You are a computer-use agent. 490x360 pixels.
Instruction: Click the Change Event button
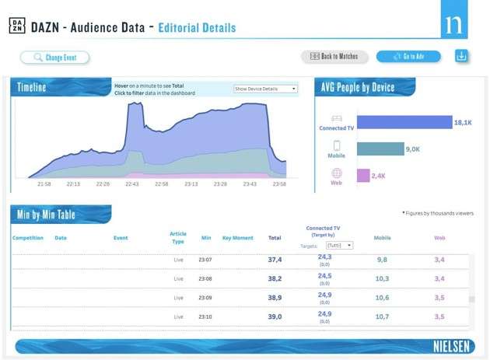pyautogui.click(x=55, y=57)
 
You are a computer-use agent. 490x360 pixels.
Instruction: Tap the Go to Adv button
pyautogui.click(x=408, y=57)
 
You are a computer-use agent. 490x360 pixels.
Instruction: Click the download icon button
pyautogui.click(x=461, y=57)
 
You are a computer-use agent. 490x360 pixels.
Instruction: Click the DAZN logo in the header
pyautogui.click(x=17, y=27)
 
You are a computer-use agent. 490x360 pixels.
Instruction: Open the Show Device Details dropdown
pyautogui.click(x=265, y=89)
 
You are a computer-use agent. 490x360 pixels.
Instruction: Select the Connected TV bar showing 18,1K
pyautogui.click(x=404, y=123)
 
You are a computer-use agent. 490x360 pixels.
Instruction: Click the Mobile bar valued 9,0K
pyautogui.click(x=380, y=149)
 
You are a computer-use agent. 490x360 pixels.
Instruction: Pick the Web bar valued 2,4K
pyautogui.click(x=363, y=175)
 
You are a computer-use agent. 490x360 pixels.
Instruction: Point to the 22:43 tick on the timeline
pyautogui.click(x=132, y=184)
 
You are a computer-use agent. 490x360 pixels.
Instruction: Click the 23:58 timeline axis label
pyautogui.click(x=278, y=184)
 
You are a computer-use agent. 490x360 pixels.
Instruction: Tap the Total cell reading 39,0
pyautogui.click(x=275, y=317)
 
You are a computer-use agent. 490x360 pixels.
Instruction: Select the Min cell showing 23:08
pyautogui.click(x=206, y=278)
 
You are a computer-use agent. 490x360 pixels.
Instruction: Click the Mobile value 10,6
pyautogui.click(x=382, y=298)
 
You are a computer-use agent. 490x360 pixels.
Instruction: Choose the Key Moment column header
pyautogui.click(x=237, y=238)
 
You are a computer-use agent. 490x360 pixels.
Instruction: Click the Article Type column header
pyautogui.click(x=178, y=237)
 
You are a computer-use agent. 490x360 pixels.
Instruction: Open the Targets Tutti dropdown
pyautogui.click(x=339, y=245)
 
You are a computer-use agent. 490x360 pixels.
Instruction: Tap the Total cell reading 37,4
pyautogui.click(x=275, y=260)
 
